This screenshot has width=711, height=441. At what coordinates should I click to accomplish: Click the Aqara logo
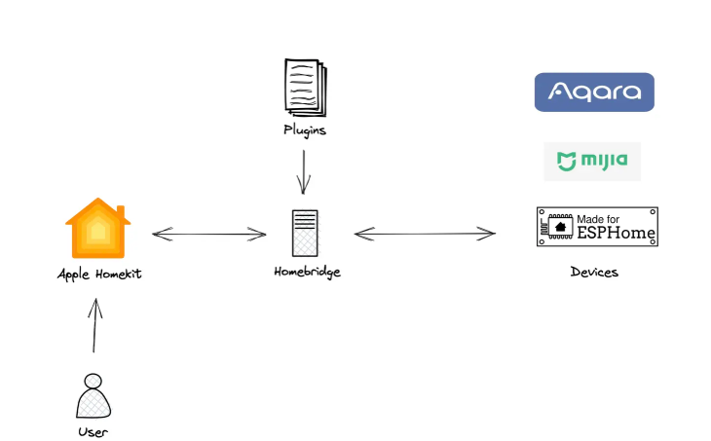click(594, 92)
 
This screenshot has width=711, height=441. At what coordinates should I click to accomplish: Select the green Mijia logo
click(592, 161)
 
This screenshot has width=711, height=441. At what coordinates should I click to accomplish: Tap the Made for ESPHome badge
click(597, 227)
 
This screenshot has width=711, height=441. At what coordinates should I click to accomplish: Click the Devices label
click(594, 273)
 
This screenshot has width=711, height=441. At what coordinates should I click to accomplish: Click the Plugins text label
click(305, 129)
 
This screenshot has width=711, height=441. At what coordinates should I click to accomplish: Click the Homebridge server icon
click(305, 234)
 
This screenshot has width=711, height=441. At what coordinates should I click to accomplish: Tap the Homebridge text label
click(307, 272)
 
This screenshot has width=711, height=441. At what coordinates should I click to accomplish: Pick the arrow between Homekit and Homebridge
click(209, 234)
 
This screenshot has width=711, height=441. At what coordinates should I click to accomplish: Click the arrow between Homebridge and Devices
click(425, 234)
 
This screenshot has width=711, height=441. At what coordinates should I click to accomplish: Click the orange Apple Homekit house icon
click(97, 228)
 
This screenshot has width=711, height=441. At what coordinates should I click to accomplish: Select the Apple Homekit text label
click(99, 275)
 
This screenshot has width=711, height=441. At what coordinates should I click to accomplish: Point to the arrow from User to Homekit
click(94, 325)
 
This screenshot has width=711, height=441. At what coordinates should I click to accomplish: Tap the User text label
click(93, 431)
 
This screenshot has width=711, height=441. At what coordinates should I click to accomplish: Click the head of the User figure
click(93, 381)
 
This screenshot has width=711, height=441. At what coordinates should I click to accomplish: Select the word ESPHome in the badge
click(617, 235)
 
